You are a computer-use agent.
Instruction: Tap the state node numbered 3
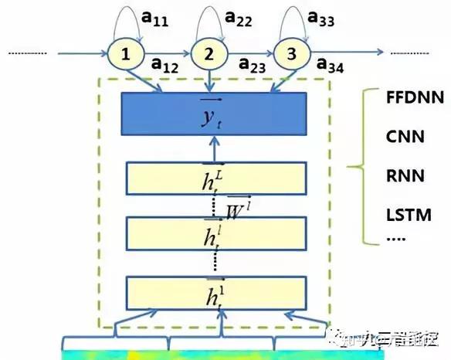(290, 55)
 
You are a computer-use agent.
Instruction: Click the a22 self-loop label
(238, 17)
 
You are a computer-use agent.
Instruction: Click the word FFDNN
(409, 97)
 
